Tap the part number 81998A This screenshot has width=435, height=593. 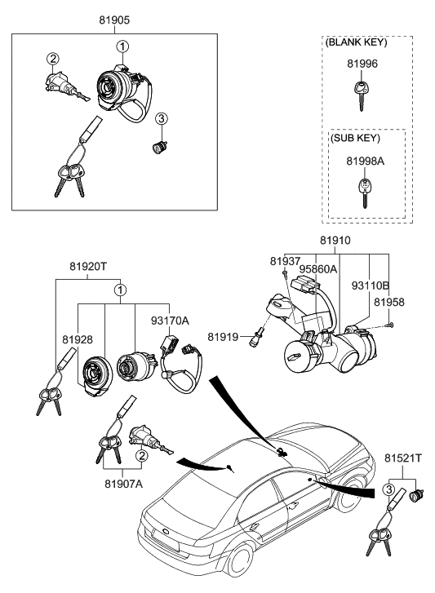pos(363,162)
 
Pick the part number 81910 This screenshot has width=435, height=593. pos(335,241)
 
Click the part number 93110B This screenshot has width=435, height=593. pos(370,286)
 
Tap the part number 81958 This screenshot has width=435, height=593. pos(389,301)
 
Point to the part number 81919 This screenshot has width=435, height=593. pos(222,336)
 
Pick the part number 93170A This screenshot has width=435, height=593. pos(171,321)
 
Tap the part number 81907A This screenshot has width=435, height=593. pos(122,484)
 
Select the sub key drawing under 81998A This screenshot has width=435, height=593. pos(362,193)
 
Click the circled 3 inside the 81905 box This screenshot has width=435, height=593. pos(162,119)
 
